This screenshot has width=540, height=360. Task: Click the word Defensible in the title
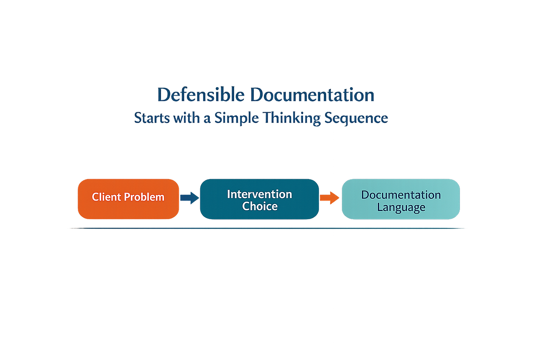(x=201, y=95)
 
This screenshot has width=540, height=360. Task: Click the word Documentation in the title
(x=312, y=95)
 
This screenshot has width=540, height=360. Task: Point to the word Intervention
(x=259, y=194)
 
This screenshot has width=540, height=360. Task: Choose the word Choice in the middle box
(x=260, y=206)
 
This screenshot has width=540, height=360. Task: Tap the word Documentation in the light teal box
(x=401, y=195)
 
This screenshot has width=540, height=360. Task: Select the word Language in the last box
(x=401, y=207)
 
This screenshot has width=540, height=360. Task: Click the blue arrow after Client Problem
(x=190, y=197)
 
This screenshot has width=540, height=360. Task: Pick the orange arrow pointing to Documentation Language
(x=330, y=197)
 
